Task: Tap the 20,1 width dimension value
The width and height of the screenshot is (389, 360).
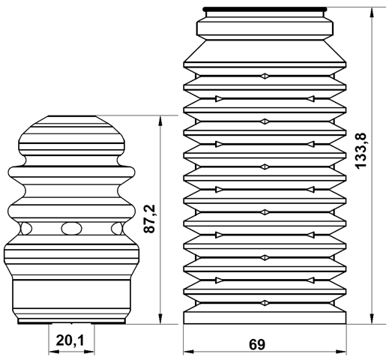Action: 70,342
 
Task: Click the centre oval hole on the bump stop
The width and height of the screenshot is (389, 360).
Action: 71,228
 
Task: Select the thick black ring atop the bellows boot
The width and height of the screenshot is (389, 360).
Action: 265,10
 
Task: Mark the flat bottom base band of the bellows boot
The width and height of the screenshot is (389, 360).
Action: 265,316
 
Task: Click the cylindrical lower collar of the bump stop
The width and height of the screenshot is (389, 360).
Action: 71,298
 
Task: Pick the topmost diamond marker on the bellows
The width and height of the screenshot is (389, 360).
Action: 264,76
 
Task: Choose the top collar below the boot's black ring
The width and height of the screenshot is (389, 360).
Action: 265,27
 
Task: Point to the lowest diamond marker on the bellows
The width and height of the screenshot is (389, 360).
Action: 264,302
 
